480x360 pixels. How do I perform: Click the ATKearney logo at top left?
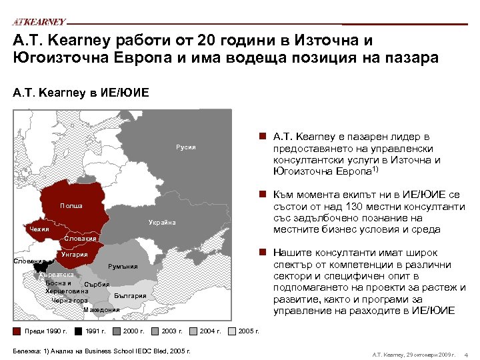39,22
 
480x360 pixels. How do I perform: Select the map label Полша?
71,206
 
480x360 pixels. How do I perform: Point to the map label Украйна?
162,222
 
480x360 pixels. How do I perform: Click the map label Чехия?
41,230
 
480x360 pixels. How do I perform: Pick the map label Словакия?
81,239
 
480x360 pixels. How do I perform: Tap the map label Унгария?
74,255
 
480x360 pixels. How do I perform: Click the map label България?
130,295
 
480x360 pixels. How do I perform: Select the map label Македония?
101,309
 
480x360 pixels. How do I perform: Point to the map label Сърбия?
97,285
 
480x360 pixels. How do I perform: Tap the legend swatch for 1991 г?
79,331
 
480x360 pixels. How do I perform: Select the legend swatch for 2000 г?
117,331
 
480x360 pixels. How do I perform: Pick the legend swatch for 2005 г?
231,331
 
